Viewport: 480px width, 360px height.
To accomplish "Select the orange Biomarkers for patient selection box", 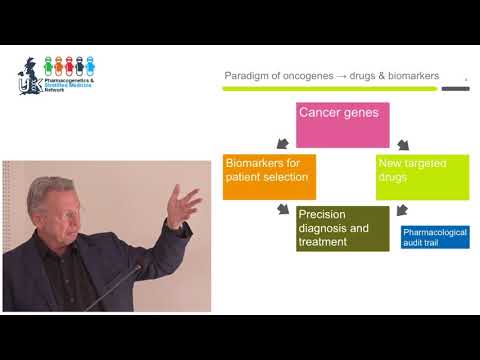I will (269, 176).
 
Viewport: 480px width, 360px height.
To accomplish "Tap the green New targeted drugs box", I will (422, 176).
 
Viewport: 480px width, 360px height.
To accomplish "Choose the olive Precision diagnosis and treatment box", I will (342, 227).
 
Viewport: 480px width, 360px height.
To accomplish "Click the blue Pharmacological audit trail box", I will (435, 237).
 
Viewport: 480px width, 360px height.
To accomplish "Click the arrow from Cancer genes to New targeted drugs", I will (402, 143).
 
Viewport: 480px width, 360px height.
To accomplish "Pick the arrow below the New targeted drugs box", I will (401, 211).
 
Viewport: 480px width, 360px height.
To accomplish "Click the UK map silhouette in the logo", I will (28, 75).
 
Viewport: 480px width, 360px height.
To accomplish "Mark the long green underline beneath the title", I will (329, 88).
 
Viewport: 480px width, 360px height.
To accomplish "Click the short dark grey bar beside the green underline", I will (455, 88).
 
